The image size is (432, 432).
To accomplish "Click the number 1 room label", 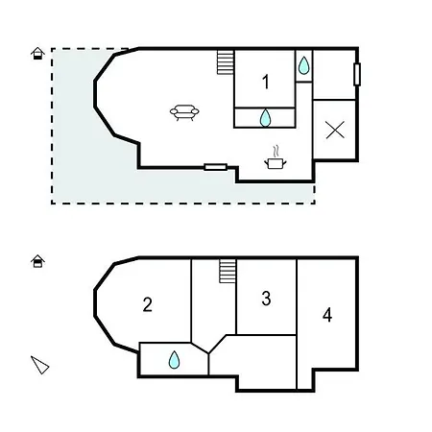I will (x=265, y=83).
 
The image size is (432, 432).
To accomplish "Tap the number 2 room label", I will (x=147, y=305).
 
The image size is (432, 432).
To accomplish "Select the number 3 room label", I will (x=266, y=299).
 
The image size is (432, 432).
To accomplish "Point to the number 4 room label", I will (x=327, y=315).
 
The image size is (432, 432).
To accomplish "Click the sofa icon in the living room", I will (x=185, y=113).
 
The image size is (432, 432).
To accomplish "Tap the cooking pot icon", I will (x=276, y=164).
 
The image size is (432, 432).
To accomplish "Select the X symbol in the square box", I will (x=335, y=131).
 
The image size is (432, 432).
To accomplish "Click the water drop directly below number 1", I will (x=266, y=117).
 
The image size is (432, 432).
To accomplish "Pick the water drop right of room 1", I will (x=303, y=65).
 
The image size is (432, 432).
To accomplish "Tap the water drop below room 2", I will (x=175, y=360).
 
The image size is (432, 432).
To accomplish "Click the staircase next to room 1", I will (x=226, y=62).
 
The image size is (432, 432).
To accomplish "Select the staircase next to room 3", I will (x=228, y=270).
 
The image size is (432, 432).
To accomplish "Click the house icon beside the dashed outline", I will (x=36, y=54).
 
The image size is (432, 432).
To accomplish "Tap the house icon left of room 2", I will (x=37, y=260).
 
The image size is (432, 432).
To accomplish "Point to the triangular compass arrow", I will (x=39, y=364).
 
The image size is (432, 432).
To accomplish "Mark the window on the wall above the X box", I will (x=357, y=74).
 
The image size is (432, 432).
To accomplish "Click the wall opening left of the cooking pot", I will (x=216, y=167).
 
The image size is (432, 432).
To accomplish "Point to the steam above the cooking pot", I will (x=276, y=150).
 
